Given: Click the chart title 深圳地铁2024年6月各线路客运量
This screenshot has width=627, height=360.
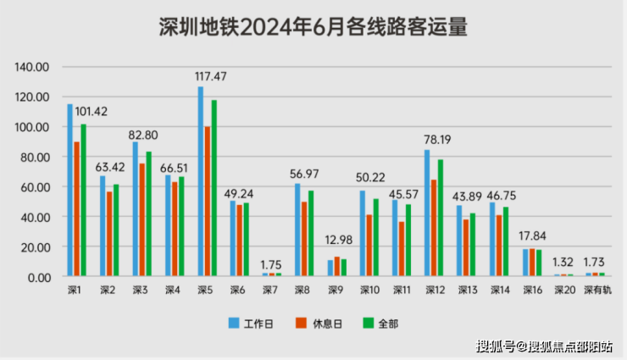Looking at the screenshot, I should tap(313, 27).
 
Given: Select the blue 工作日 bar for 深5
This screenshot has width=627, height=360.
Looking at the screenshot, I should tap(201, 182).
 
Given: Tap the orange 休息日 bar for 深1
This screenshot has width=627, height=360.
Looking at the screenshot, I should tap(77, 208).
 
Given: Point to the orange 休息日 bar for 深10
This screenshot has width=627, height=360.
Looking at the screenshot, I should tap(369, 246).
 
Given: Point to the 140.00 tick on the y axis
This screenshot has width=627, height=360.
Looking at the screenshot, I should tap(33, 67).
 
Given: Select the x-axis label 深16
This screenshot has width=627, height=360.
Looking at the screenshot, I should tap(532, 290).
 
